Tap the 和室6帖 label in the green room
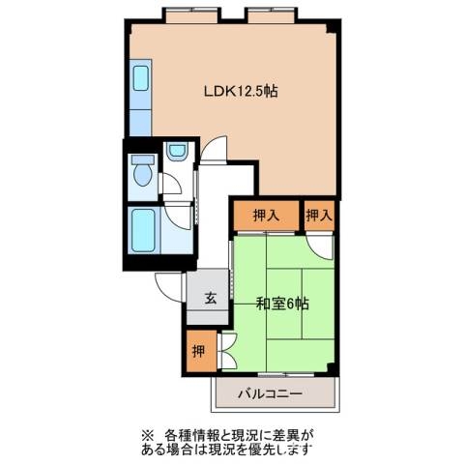[x=282, y=303]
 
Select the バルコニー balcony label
[x=272, y=394]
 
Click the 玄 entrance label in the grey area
[x=210, y=299]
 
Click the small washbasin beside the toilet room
[x=176, y=151]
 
